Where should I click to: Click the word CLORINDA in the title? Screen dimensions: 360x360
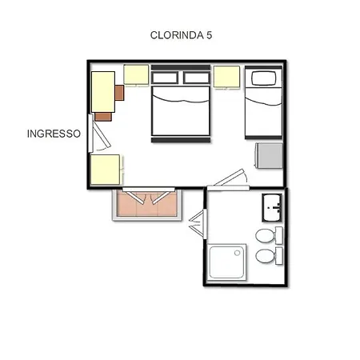point(176,35)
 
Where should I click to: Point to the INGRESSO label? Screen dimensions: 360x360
point(53,134)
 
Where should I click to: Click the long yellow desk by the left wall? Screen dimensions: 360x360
point(102,91)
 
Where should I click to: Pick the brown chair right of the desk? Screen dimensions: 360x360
point(119,92)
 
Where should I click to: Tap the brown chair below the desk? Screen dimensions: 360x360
point(103,117)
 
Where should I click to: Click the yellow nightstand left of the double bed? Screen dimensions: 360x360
point(136,74)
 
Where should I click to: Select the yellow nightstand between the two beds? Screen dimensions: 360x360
point(226,77)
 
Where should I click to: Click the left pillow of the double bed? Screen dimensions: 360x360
point(165,78)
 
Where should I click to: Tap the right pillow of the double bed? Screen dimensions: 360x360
point(195,78)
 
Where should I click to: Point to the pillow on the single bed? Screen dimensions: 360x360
point(262,78)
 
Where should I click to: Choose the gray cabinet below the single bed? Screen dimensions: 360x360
point(268,155)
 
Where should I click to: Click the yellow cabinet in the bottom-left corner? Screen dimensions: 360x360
point(106,169)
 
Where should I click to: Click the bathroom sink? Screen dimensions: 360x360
point(273,207)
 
